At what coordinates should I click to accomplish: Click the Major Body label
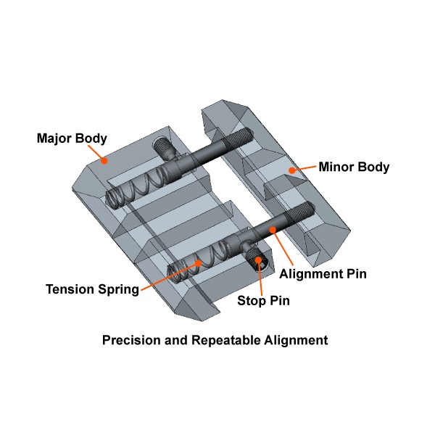[72, 138]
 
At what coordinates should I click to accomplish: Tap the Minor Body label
[354, 167]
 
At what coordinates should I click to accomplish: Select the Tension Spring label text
[92, 289]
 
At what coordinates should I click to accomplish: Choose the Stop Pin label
[264, 300]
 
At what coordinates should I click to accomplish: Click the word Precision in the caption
[131, 339]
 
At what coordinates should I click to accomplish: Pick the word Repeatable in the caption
[225, 339]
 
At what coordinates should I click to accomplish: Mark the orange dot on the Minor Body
[291, 170]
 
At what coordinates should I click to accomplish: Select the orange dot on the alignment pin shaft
[274, 230]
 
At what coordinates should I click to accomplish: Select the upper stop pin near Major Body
[165, 148]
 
